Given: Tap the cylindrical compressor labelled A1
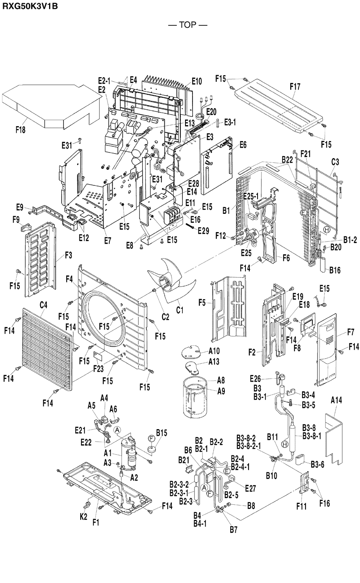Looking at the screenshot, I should (130, 453).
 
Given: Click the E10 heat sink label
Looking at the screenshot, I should (197, 81).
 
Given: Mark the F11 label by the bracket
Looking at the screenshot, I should (301, 507).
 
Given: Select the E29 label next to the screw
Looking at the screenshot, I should (203, 231).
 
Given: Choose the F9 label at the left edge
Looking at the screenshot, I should (16, 220).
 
